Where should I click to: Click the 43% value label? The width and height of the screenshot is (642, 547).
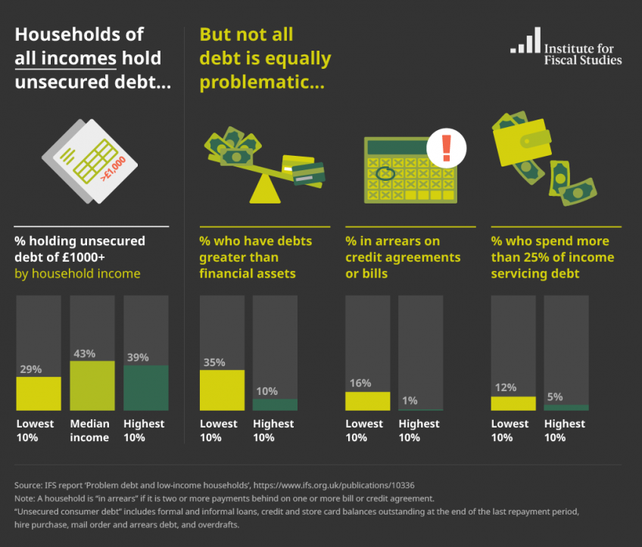[x=84, y=353]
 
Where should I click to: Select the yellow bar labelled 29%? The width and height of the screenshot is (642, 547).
[x=39, y=393]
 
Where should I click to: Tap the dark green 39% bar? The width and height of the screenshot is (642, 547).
[x=146, y=388]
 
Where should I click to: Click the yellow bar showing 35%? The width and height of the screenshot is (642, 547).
[x=222, y=390]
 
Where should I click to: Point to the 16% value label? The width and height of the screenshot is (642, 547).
[x=360, y=383]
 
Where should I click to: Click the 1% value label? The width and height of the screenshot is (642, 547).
[x=410, y=400]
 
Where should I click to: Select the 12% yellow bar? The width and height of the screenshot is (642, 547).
[x=513, y=403]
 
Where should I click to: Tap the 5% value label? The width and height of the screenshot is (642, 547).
[x=555, y=397]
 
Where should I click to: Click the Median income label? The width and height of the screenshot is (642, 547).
[x=89, y=430]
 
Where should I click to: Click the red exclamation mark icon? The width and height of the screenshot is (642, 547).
[x=446, y=148]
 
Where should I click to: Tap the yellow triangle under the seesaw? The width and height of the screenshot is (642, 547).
[x=265, y=188]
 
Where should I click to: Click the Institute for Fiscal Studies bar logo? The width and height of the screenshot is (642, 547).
[x=525, y=40]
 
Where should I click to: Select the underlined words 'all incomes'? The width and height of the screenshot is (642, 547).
[x=66, y=58]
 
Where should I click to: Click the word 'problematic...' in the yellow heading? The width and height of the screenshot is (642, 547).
[x=262, y=82]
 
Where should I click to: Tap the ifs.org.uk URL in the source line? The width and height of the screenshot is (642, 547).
[x=334, y=485]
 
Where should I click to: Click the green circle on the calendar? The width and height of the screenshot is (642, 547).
[x=385, y=173]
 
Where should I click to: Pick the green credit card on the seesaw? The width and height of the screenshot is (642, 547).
[x=309, y=174]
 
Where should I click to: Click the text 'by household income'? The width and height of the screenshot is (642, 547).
[x=77, y=273]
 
